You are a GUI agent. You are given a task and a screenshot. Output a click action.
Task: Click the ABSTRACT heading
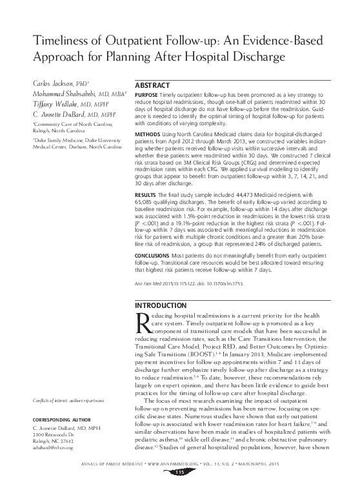point(154,85)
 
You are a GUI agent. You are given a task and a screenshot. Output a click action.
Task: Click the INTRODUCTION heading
point(159,305)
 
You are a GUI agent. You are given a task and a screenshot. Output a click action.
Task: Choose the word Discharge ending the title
point(258,57)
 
